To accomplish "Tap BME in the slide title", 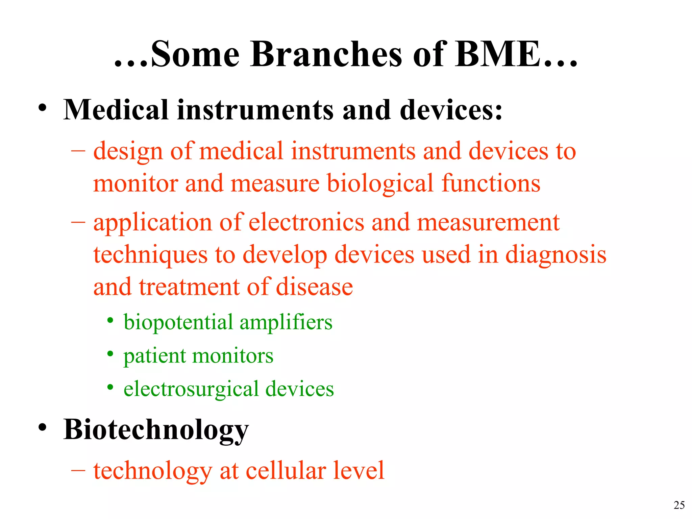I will [502, 54].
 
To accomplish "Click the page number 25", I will [679, 505].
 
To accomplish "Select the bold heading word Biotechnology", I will [156, 430].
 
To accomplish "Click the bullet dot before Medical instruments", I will [42, 108].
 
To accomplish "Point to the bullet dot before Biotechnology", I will [42, 427].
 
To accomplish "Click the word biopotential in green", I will [178, 322].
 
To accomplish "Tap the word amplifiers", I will [286, 322].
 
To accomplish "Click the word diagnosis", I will [555, 254].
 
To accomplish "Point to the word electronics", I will [306, 222].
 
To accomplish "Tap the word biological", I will [380, 183].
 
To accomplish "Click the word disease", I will [314, 287].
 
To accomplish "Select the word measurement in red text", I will [488, 222].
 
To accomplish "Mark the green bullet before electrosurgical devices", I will [110, 387].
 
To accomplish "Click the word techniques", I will [150, 254].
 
